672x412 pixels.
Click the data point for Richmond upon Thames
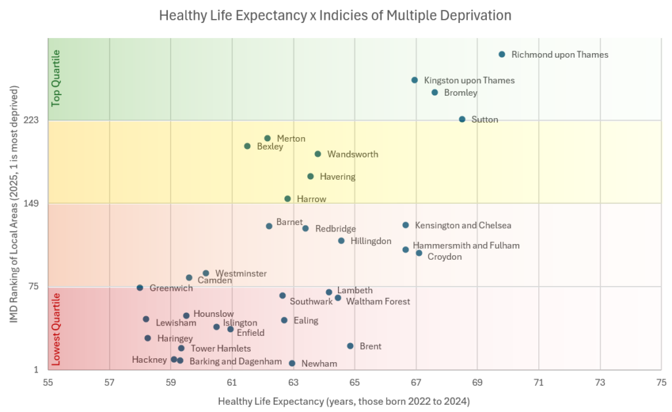(x=501, y=54)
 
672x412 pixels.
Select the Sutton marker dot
(x=462, y=119)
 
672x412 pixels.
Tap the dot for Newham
(x=292, y=363)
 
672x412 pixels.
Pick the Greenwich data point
(x=140, y=287)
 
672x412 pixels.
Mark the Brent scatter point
(x=350, y=346)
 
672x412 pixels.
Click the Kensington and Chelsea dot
(x=406, y=225)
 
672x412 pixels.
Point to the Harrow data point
(x=287, y=198)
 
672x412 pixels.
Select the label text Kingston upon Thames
(x=469, y=81)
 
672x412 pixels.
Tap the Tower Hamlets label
(x=220, y=349)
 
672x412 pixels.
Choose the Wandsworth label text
(x=352, y=155)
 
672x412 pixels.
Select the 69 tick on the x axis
(x=477, y=382)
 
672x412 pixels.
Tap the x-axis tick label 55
(x=48, y=382)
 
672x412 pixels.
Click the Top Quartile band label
(x=56, y=78)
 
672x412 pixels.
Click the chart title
(x=335, y=15)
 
